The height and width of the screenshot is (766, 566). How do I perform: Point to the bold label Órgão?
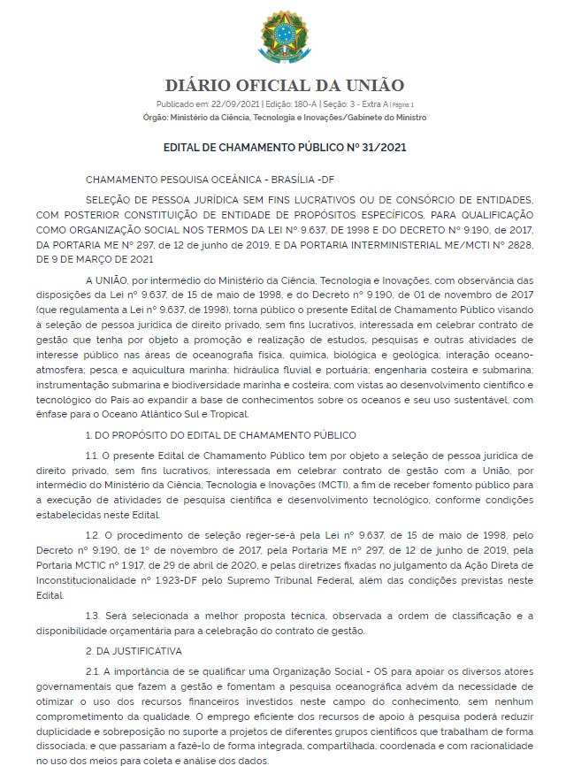pos(157,117)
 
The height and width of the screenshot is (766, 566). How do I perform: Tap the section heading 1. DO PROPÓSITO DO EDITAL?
pos(220,434)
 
